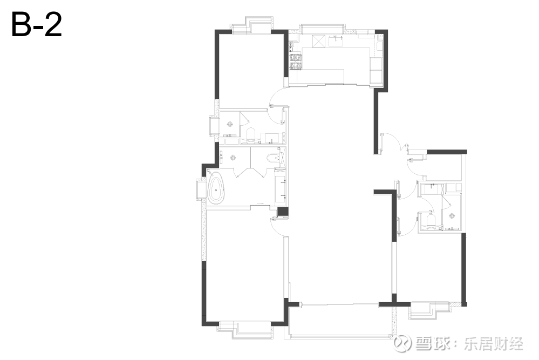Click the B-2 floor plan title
pyautogui.click(x=37, y=24)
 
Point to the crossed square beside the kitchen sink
pyautogui.click(x=318, y=41)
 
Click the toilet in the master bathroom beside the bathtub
pyautogui.click(x=274, y=157)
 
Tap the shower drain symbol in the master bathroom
pyautogui.click(x=234, y=158)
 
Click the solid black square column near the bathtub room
pyautogui.click(x=283, y=212)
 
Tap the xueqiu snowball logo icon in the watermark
pyautogui.click(x=402, y=343)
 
